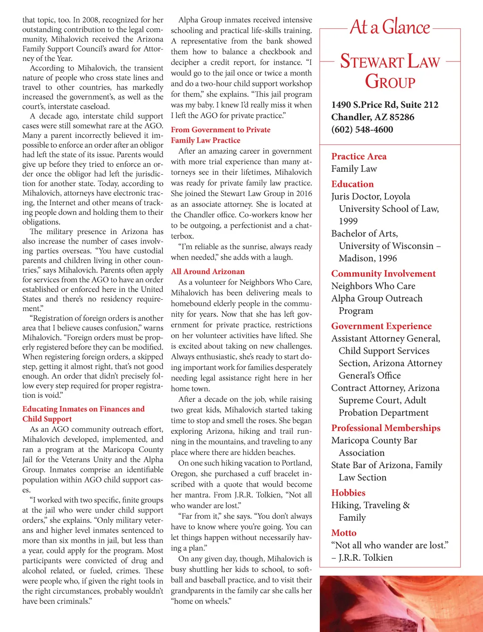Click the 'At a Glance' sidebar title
pos(390,27)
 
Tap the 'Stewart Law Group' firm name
pos(390,71)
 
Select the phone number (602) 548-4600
pos(362,130)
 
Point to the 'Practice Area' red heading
pos(358,156)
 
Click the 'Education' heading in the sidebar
pos(352,184)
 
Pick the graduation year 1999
pos(348,221)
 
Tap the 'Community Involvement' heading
pos(383,274)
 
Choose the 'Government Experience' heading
pos(381,326)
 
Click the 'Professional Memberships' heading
pos(385,428)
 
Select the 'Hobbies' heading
pos(348,493)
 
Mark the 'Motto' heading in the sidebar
pos(343,533)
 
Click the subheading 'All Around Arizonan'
pos(208,271)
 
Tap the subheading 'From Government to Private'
pos(220,130)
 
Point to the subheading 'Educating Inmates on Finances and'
pos(83,409)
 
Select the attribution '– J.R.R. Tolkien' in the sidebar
pos(362,557)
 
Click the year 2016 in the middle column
pos(304,194)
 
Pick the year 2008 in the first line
pos(91,20)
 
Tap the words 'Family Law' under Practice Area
pos(354,169)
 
